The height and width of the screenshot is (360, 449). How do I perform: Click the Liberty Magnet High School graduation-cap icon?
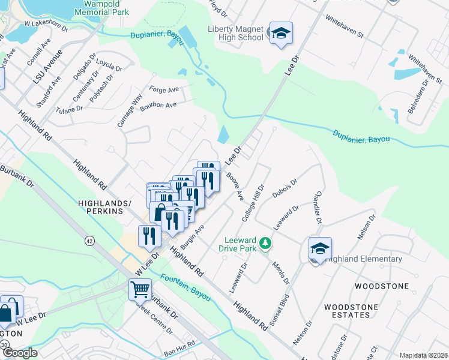[280, 33]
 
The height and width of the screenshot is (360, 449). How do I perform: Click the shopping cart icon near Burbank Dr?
[140, 289]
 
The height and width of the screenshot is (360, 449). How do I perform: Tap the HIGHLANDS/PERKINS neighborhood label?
[104, 208]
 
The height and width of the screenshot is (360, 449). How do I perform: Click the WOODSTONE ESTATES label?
[351, 311]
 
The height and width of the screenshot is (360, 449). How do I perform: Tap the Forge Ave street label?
[164, 90]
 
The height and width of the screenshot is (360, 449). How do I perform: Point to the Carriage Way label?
[130, 110]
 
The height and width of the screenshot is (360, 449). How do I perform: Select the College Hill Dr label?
[253, 202]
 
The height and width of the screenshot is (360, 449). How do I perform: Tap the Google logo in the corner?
[20, 353]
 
